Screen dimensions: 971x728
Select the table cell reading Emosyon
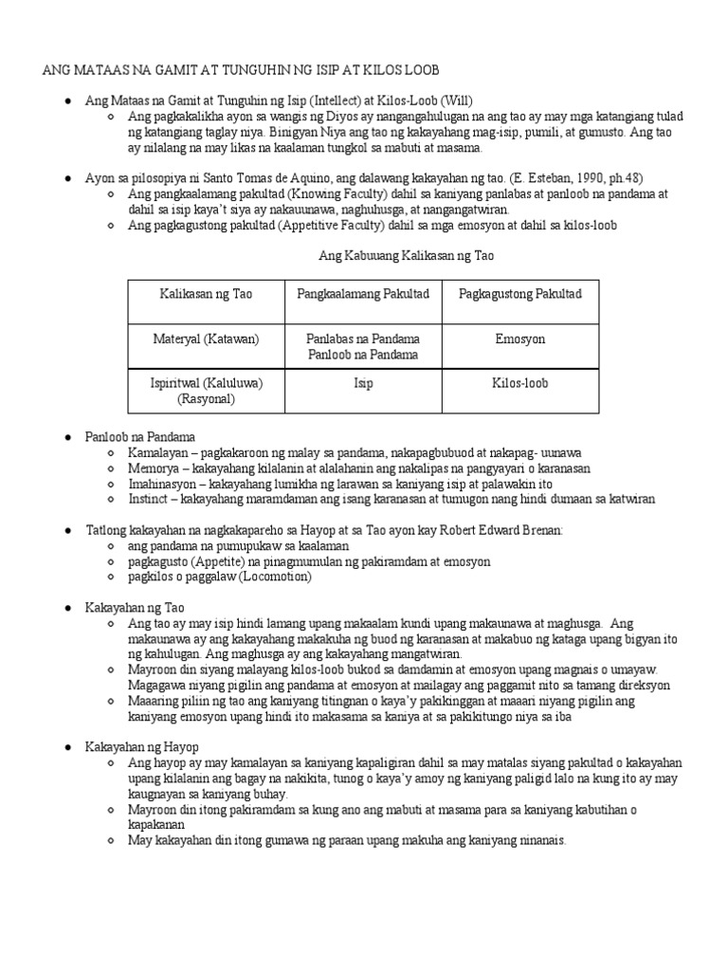[x=519, y=339]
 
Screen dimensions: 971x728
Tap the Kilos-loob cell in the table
[x=519, y=383]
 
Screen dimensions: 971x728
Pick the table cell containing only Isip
[x=363, y=383]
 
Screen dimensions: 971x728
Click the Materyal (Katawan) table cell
[x=206, y=339]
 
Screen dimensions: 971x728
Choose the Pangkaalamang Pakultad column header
[x=363, y=294]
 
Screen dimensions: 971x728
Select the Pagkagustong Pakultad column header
[x=519, y=294]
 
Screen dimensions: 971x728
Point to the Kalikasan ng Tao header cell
[x=206, y=294]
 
